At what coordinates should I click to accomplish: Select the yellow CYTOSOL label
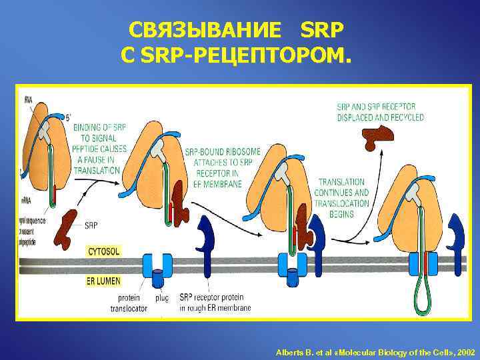tap(104, 251)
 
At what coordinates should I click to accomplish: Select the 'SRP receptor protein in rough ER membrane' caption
tap(215, 303)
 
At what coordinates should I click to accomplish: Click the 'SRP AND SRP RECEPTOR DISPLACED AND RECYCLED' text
tap(380, 111)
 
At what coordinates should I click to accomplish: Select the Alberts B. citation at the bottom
tap(375, 351)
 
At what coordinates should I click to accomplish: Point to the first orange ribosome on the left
tap(47, 160)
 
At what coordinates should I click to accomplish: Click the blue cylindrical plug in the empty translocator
tap(158, 273)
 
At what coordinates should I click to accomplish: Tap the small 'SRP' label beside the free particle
tap(92, 225)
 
